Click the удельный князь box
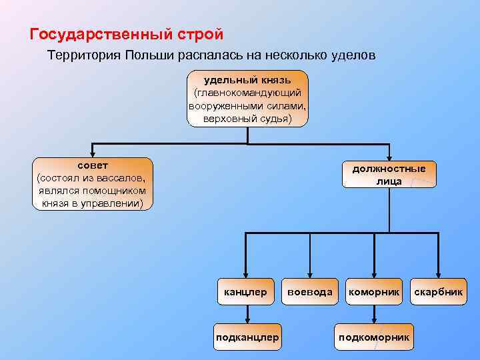pyautogui.click(x=247, y=98)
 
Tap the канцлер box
pyautogui.click(x=245, y=292)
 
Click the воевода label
pyautogui.click(x=309, y=292)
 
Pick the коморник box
pyautogui.click(x=373, y=292)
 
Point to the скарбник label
pyautogui.click(x=438, y=292)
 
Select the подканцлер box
pyautogui.click(x=247, y=337)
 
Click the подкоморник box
pyautogui.click(x=373, y=337)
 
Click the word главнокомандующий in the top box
pyautogui.click(x=247, y=93)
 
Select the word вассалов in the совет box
pyautogui.click(x=123, y=177)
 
